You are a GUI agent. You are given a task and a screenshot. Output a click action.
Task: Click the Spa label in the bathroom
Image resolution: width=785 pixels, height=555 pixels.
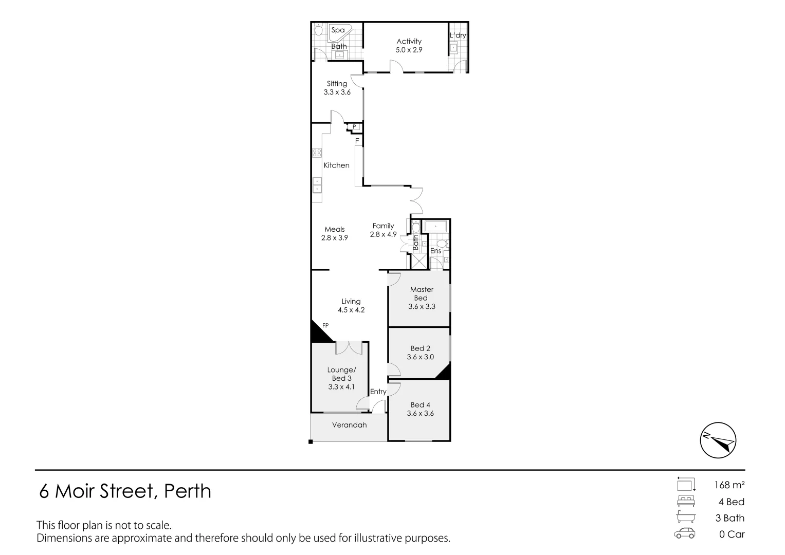tap(338, 30)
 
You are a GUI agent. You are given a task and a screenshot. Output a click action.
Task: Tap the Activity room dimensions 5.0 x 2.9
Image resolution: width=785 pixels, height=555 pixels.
tap(409, 50)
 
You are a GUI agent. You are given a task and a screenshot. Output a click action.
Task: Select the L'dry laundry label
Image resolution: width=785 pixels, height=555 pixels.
tap(458, 35)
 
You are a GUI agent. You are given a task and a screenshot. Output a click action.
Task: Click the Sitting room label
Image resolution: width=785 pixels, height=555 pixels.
tap(337, 83)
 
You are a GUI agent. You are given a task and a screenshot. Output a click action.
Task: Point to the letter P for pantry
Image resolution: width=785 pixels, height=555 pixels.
tap(354, 127)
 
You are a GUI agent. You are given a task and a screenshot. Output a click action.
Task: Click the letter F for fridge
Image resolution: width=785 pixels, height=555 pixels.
tap(357, 141)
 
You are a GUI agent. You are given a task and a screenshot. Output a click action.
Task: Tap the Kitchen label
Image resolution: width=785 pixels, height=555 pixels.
tap(336, 165)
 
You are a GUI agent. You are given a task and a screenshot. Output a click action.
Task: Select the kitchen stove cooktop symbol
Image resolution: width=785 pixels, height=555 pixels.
tap(317, 152)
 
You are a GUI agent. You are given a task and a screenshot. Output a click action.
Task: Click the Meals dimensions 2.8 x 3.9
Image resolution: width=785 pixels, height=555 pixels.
tap(335, 238)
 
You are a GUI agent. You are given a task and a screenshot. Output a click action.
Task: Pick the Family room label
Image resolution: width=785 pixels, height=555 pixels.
tap(383, 226)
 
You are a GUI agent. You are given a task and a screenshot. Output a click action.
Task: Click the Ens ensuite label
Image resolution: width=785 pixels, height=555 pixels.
tap(435, 251)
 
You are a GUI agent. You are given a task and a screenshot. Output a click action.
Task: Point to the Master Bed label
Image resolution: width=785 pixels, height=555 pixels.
tap(422, 293)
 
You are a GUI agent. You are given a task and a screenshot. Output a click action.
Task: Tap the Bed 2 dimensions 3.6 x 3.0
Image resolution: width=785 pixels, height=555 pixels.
tap(420, 357)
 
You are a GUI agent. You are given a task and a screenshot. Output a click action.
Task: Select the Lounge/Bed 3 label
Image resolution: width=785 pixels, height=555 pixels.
tap(341, 374)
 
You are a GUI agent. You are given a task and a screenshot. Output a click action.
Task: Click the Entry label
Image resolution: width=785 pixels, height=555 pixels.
tap(378, 392)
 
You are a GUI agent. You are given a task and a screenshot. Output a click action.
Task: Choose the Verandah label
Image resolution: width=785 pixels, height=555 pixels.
tap(349, 425)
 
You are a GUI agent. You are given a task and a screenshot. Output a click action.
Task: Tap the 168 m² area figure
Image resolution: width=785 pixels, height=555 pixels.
tap(729, 485)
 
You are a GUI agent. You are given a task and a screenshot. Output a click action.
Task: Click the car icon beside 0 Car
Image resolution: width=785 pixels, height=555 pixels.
tap(685, 533)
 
